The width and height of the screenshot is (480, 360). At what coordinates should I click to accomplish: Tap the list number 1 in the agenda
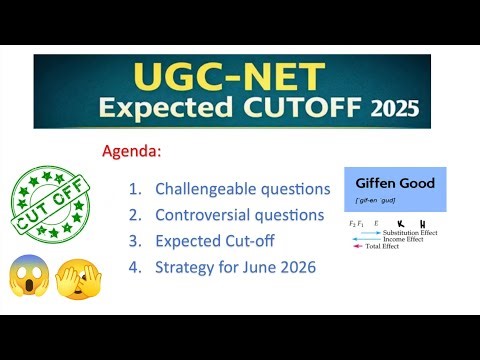tap(135, 188)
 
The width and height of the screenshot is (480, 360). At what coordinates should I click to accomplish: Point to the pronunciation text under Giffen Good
tap(377, 202)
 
